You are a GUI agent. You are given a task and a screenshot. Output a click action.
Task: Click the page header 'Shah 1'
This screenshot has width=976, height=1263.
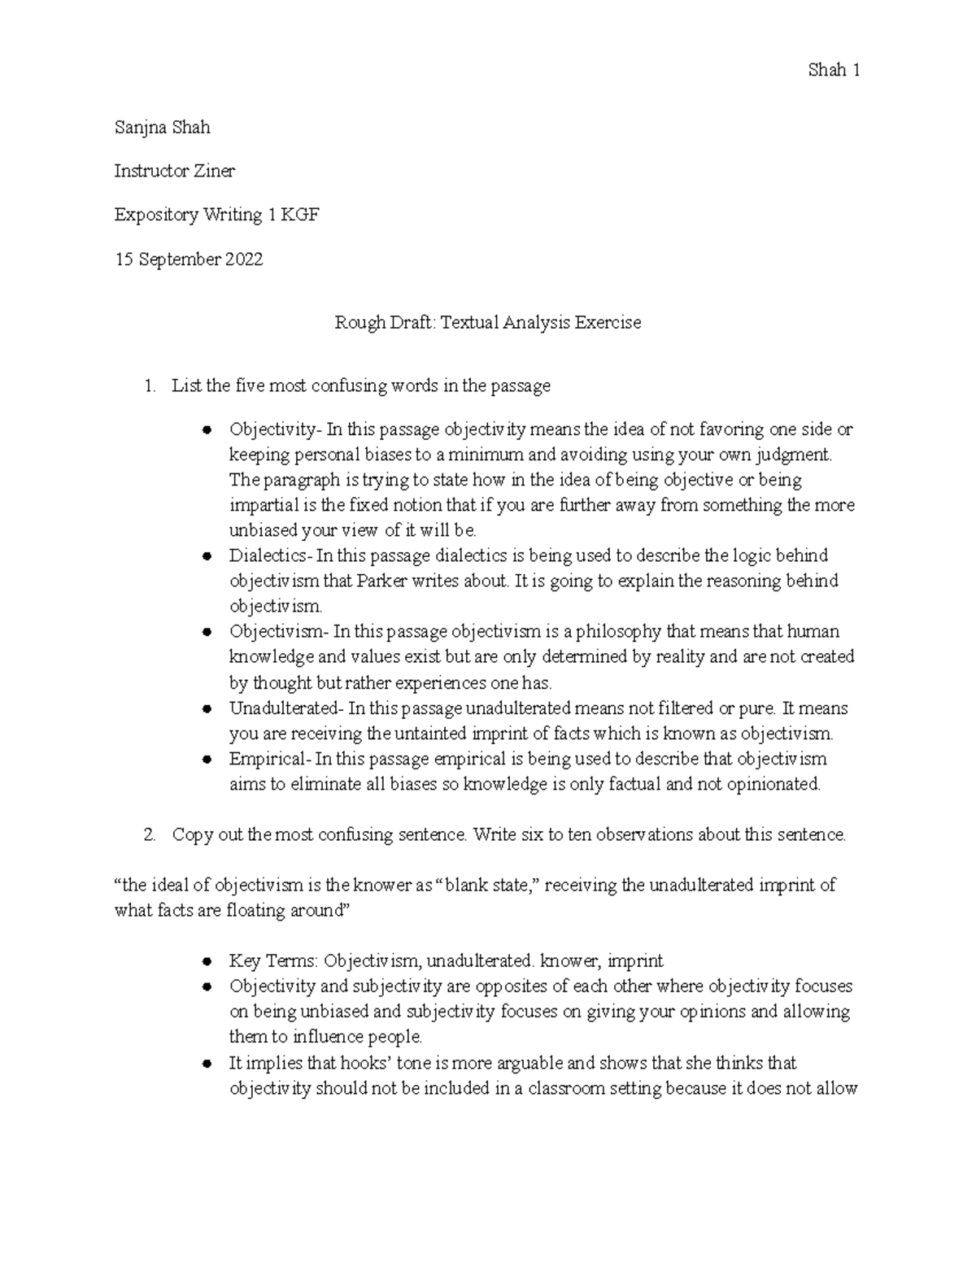click(x=834, y=71)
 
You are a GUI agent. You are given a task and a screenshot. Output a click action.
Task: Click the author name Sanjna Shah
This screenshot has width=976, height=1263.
click(x=162, y=128)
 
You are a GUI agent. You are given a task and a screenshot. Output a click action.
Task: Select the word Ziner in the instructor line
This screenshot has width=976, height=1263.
click(x=214, y=172)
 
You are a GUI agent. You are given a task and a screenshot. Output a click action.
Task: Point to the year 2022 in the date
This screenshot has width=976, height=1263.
click(x=243, y=260)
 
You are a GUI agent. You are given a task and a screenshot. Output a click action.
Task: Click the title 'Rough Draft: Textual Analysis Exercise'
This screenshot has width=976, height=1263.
click(x=488, y=323)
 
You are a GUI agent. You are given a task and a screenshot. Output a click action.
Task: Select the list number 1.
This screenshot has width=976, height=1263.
click(x=149, y=386)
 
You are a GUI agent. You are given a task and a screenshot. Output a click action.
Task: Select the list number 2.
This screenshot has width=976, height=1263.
click(x=149, y=835)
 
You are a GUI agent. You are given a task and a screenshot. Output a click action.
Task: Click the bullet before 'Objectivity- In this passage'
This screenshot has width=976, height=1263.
click(x=207, y=429)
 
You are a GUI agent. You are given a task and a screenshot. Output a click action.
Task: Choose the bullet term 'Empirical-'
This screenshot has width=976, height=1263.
click(x=268, y=760)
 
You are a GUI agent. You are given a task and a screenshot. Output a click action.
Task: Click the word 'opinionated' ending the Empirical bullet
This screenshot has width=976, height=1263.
click(x=777, y=785)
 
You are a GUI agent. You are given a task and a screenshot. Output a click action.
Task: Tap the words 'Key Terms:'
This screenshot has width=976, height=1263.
click(x=273, y=961)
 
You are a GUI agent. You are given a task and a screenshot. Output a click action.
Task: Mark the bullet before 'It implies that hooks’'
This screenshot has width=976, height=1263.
click(x=207, y=1064)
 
